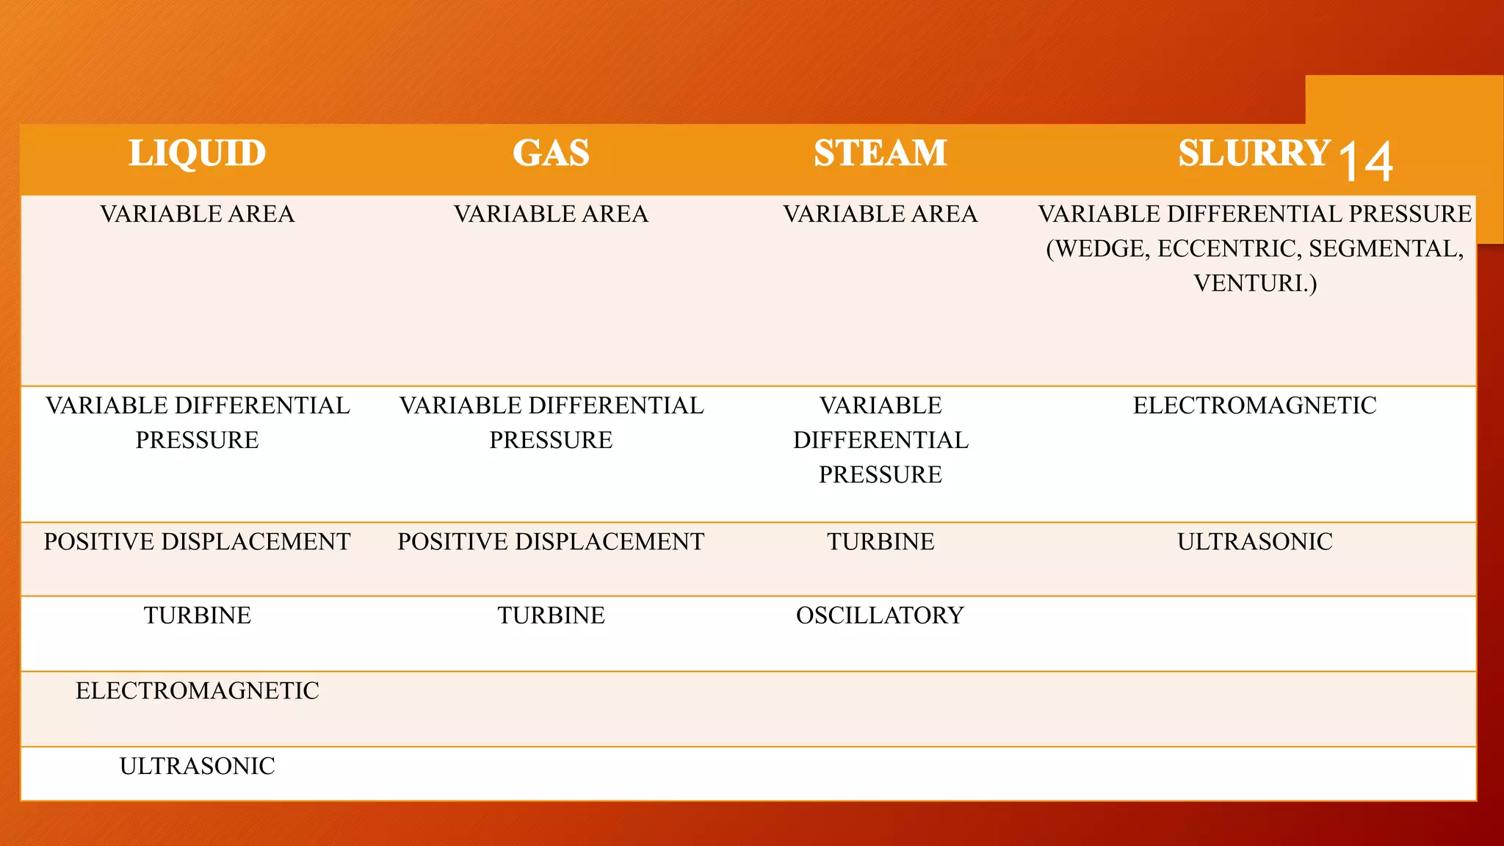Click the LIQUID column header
coord(197,153)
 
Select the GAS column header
coord(551,153)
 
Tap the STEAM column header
coord(880,153)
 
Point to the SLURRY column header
coord(1254,153)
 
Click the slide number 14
coord(1366,161)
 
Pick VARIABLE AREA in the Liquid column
coord(197,214)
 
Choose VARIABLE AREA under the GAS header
coord(551,214)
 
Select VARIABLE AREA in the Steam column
coord(880,214)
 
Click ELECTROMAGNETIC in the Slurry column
coord(1254,405)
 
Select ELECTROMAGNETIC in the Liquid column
coord(197,691)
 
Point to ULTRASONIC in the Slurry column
coord(1254,542)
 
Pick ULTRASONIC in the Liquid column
coord(197,767)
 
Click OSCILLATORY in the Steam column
coord(880,615)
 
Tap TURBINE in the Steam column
coord(880,542)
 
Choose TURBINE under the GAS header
coord(551,615)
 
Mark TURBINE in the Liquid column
coord(197,615)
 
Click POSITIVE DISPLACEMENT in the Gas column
coord(551,542)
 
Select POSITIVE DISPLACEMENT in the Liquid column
coord(197,542)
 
